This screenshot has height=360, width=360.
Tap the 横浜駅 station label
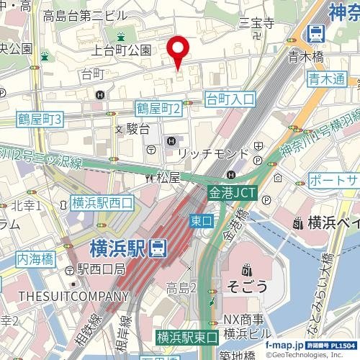[x=119, y=249]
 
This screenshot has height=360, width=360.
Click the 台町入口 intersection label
[x=230, y=99]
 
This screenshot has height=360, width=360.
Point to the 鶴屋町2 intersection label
[x=162, y=108]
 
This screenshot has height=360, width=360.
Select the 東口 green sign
[x=201, y=218]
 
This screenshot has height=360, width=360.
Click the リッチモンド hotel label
[x=213, y=154]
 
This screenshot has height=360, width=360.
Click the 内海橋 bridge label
[x=37, y=256]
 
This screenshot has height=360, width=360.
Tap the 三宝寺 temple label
[x=260, y=24]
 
